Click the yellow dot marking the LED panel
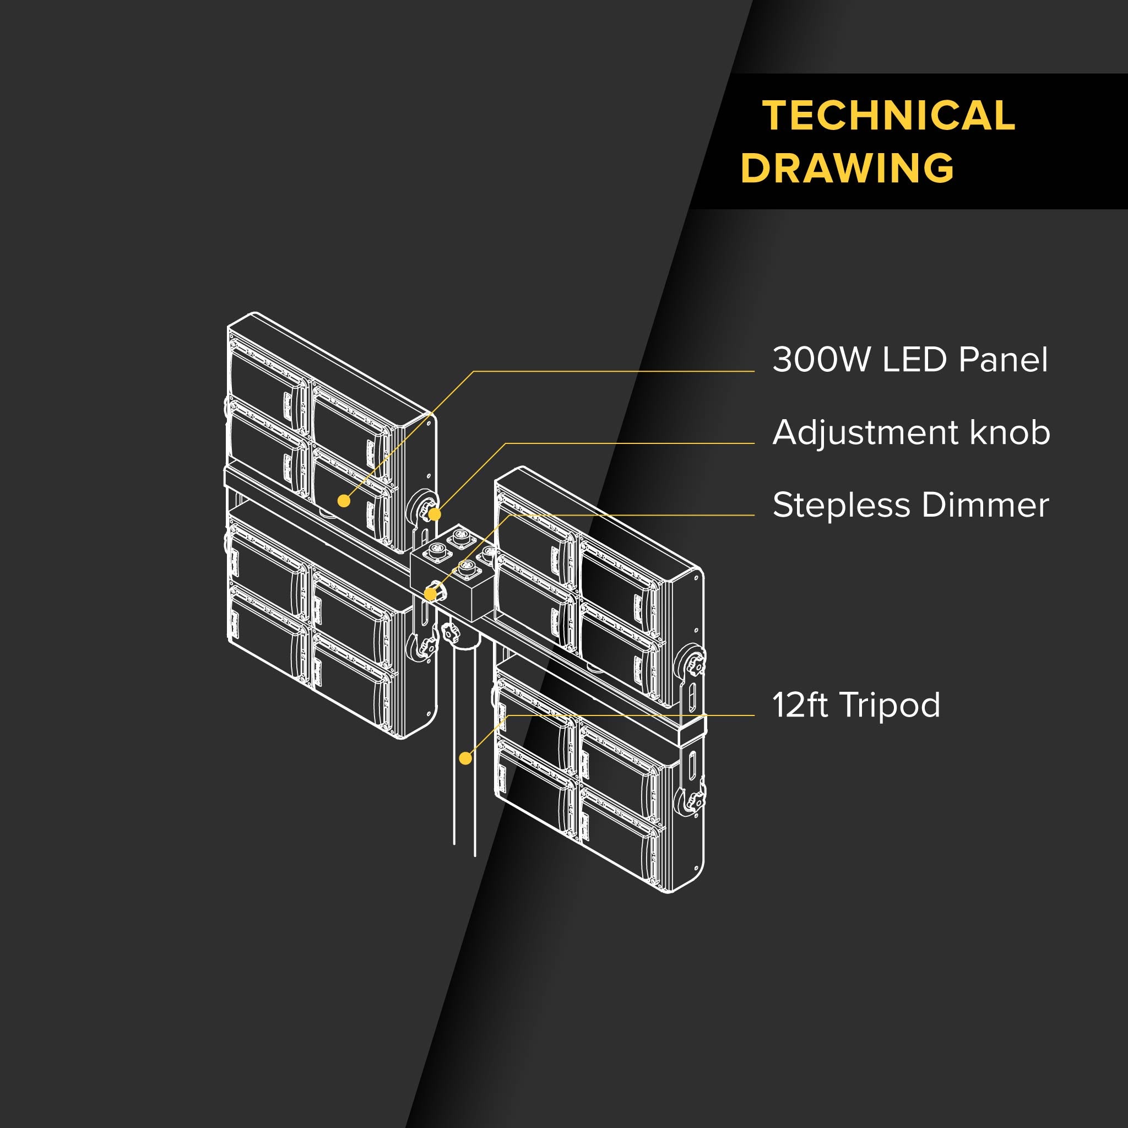tap(344, 501)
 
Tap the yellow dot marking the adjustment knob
tap(435, 514)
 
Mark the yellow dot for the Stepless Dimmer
tap(430, 594)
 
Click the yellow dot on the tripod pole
tap(465, 758)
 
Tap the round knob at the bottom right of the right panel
tap(693, 801)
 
